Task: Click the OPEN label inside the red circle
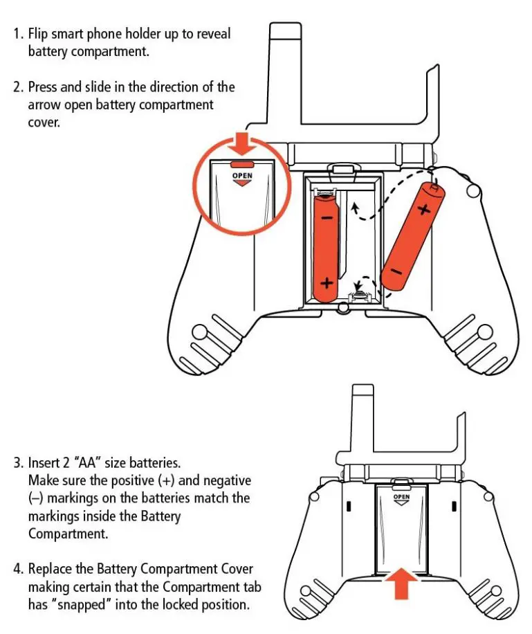[x=241, y=176]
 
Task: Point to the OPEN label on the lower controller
[x=401, y=497]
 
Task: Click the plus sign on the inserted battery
[x=326, y=284]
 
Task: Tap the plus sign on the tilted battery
[x=423, y=208]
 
